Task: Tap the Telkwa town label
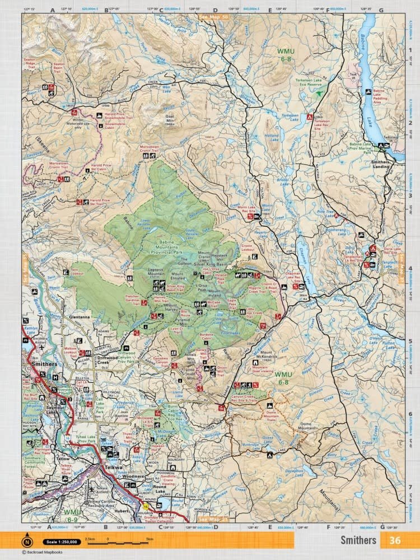(x=110, y=464)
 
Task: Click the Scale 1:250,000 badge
(x=59, y=542)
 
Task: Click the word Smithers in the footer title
(x=358, y=540)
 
